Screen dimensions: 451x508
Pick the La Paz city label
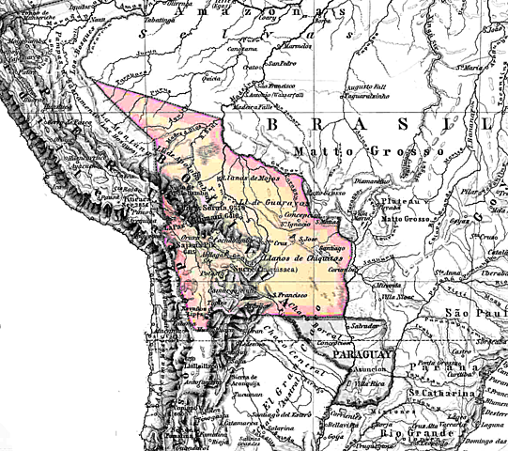tap(172, 226)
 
